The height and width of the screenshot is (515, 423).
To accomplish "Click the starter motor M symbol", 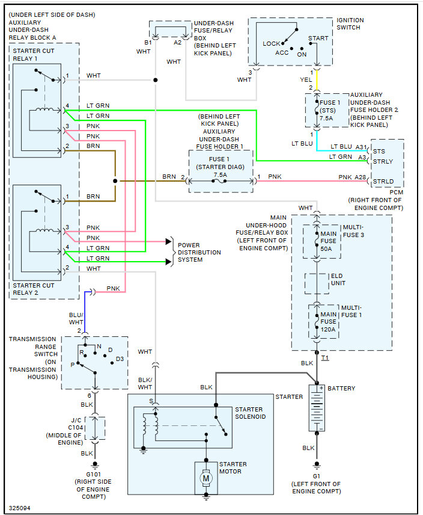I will click(x=207, y=479).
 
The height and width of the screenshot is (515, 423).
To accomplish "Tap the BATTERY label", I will click(x=341, y=389).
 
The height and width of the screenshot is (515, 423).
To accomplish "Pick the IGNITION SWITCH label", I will click(x=350, y=23).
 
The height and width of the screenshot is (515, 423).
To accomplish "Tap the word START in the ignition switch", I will click(x=318, y=38).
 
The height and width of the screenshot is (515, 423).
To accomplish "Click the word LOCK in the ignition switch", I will click(x=272, y=43).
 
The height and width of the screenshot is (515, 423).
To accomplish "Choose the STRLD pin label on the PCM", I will click(x=383, y=181).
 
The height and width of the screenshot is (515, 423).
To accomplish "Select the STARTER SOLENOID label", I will click(x=251, y=413).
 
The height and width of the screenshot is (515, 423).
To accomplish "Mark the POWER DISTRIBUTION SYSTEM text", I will click(x=199, y=252).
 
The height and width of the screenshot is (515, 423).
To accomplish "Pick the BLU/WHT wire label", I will click(x=77, y=318).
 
